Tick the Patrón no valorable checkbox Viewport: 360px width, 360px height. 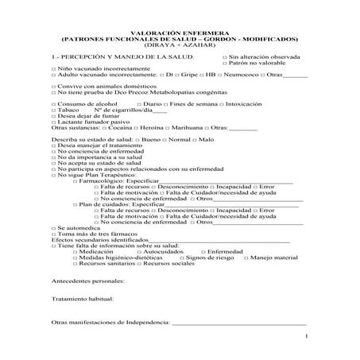(x=224, y=64)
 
